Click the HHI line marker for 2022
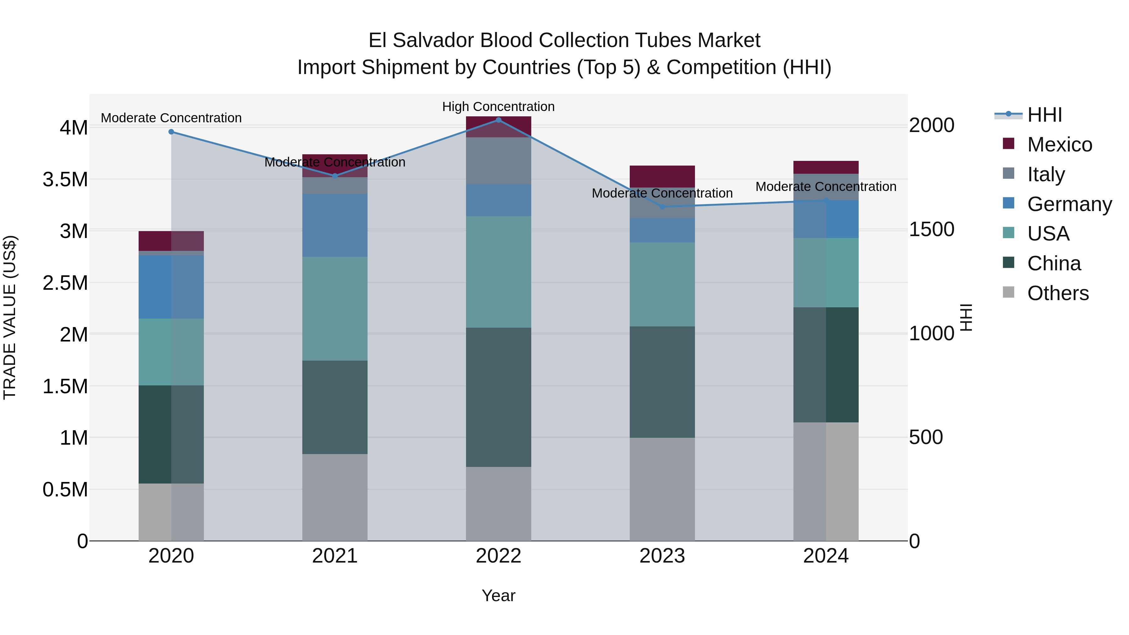[498, 120]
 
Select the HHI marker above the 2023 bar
[662, 207]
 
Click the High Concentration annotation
[498, 107]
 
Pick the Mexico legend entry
[1059, 145]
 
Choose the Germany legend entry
[1069, 204]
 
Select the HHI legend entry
[1044, 115]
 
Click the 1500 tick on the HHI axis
[931, 229]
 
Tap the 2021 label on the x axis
[335, 556]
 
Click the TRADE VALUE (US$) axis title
[10, 317]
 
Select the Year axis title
[498, 595]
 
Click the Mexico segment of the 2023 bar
[662, 177]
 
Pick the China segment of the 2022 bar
[498, 397]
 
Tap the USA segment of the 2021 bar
[335, 309]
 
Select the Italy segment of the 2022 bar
[498, 161]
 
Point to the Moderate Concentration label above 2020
[171, 118]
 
